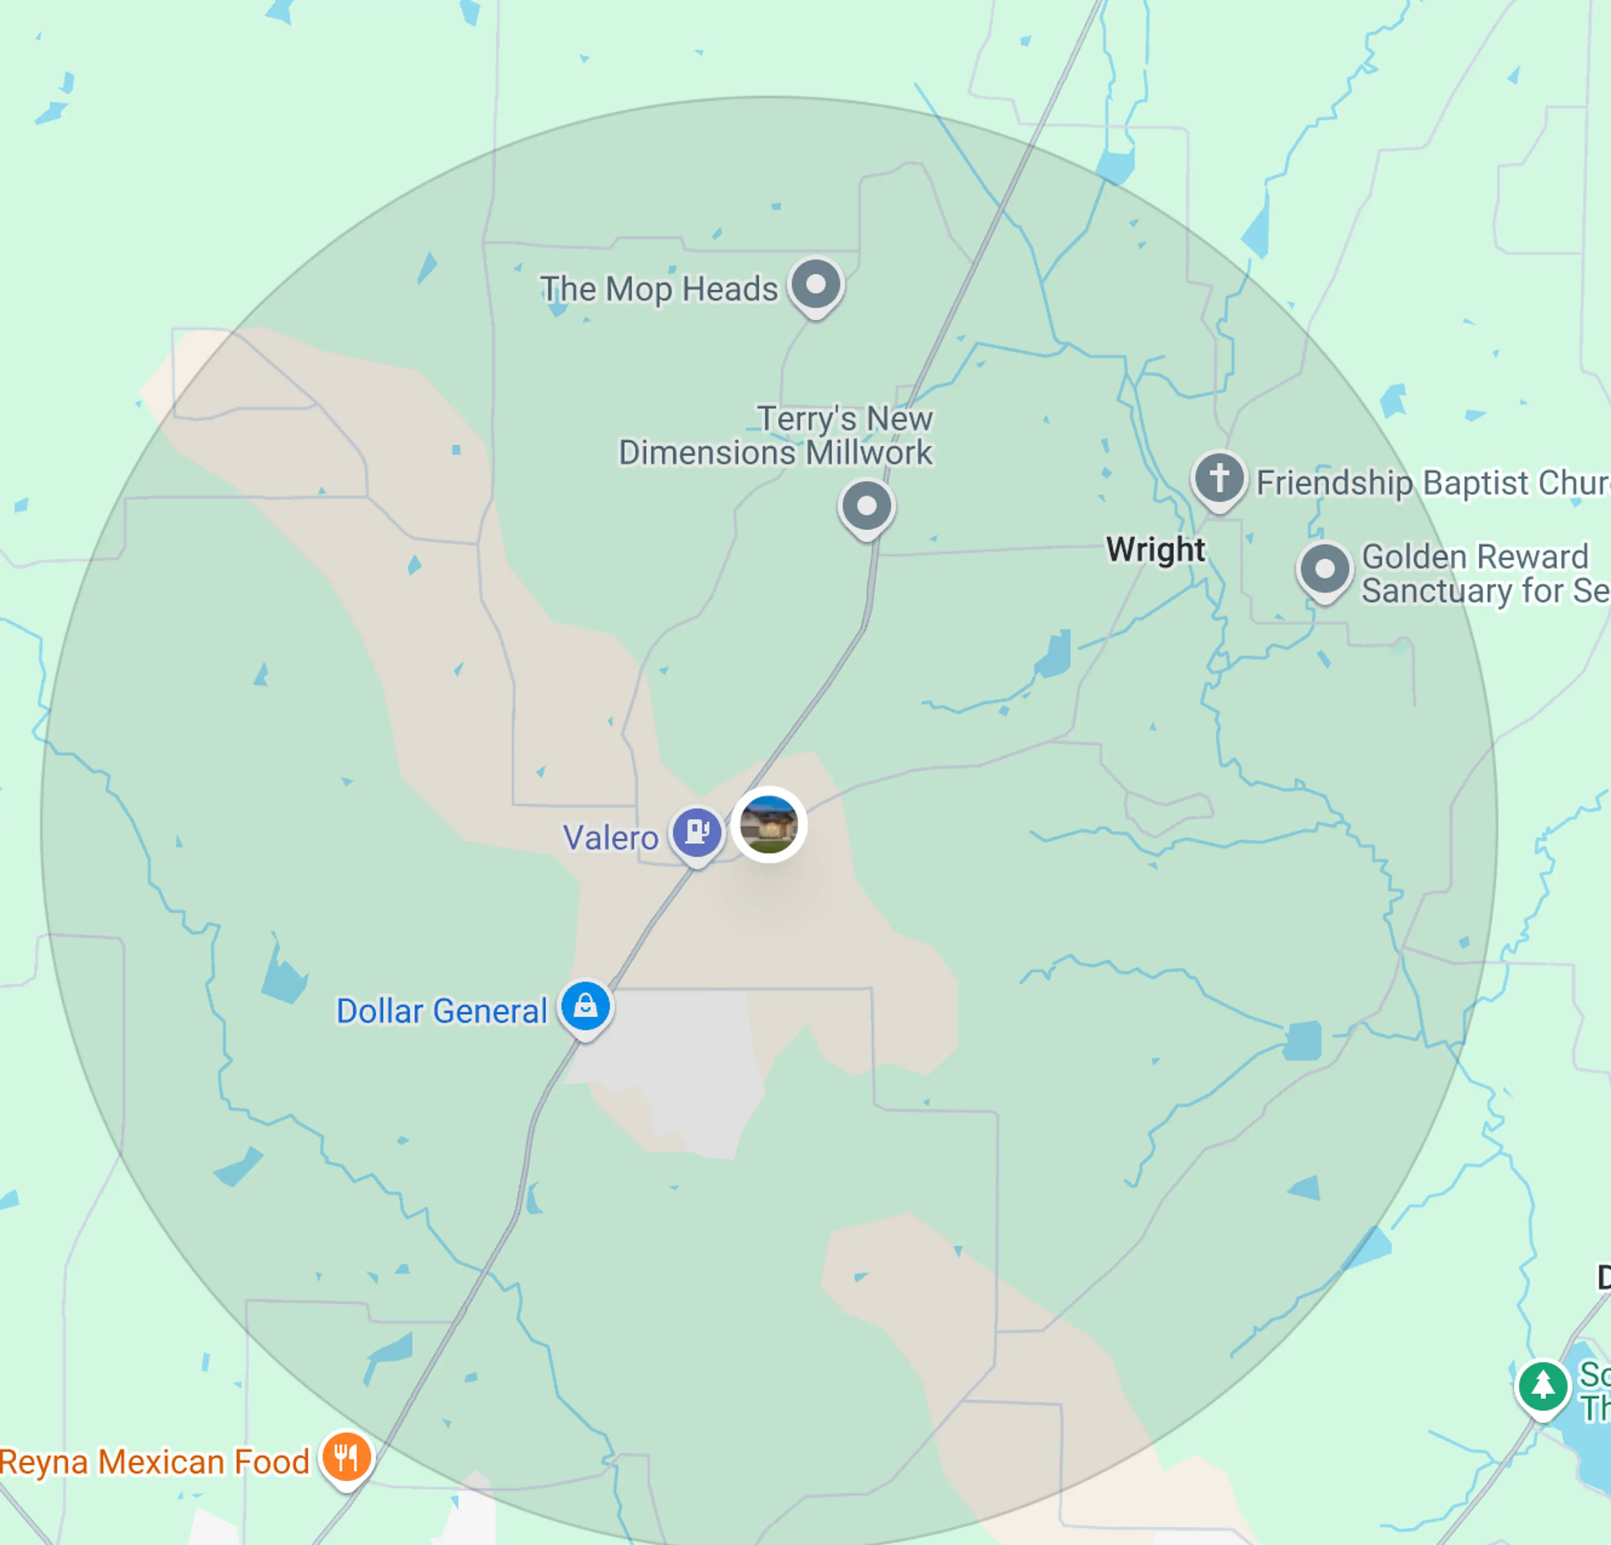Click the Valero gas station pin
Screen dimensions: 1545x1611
[697, 832]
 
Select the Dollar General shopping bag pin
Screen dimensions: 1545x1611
[585, 1006]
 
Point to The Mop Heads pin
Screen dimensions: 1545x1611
[816, 285]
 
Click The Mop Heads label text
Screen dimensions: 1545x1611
[658, 289]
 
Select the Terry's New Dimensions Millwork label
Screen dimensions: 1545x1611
[776, 436]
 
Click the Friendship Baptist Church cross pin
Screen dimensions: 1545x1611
[1219, 478]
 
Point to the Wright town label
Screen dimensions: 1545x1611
[1155, 549]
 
